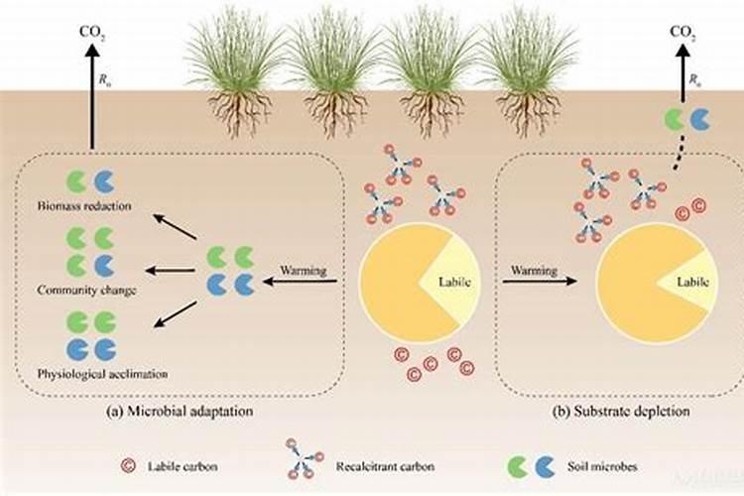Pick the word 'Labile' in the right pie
692,282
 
